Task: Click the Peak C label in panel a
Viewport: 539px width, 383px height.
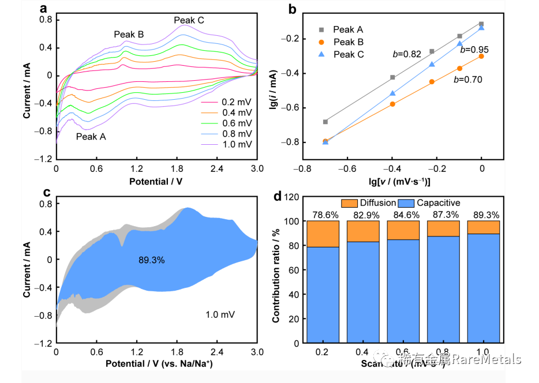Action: point(189,21)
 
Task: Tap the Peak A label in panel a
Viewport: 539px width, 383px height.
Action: point(91,137)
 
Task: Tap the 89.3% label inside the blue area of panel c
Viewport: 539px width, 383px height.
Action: point(151,260)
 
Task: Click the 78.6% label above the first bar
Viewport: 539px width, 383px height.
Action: point(323,215)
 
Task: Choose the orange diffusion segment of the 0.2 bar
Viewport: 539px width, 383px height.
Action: point(323,234)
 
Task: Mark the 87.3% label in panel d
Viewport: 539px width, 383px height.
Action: point(443,215)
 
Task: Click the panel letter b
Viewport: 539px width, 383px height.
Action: point(293,10)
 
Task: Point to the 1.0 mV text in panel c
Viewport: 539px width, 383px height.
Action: point(220,314)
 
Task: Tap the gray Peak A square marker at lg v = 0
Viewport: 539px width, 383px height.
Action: point(481,24)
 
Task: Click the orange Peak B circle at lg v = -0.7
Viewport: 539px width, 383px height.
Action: point(325,141)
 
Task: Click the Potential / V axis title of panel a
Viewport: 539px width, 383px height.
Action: point(156,181)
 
